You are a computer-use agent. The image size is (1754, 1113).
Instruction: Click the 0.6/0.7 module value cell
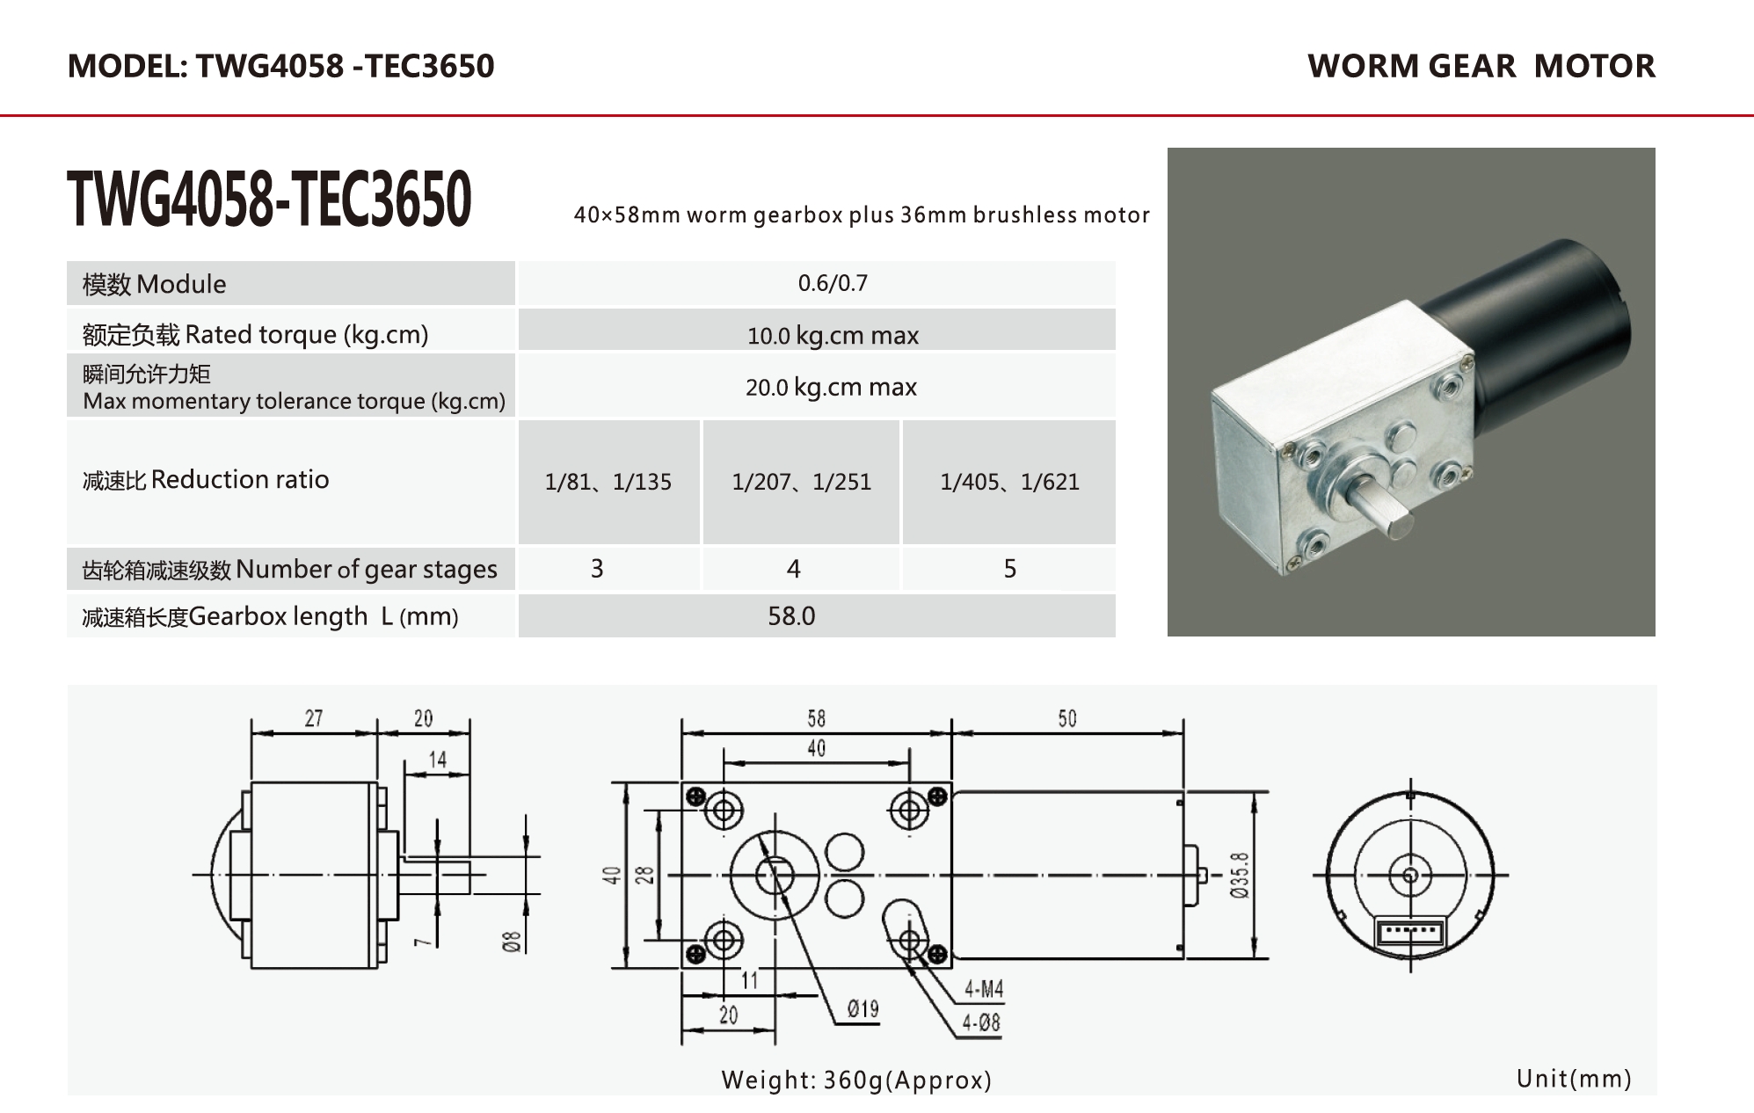coord(833,283)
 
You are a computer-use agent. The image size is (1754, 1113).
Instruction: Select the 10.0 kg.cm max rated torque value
coord(833,335)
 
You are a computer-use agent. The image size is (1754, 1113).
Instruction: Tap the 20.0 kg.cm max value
coord(831,387)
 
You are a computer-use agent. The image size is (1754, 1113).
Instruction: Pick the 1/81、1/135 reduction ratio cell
coord(608,482)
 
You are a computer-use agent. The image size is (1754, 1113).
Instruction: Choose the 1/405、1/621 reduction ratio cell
coord(1009,482)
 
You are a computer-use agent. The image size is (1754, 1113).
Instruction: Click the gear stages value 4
coord(793,569)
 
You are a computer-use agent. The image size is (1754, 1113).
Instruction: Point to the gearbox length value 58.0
coord(791,616)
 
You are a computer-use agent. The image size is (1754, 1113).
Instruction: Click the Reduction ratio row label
coord(206,480)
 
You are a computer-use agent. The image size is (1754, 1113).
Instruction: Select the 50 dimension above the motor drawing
coord(1066,718)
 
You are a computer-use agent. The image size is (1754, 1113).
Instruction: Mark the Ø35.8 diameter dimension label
coord(1239,875)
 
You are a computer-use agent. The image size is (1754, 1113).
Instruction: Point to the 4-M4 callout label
coord(983,990)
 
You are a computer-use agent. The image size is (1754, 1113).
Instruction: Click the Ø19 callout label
coord(862,1008)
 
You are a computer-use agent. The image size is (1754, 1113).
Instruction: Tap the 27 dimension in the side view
coord(314,718)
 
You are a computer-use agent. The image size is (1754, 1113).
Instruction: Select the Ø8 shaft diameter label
coord(512,942)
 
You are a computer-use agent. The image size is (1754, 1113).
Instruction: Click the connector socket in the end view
coord(1410,932)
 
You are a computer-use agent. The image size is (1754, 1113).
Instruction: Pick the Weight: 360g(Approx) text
coord(856,1080)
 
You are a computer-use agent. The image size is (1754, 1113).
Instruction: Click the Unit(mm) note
coord(1574,1079)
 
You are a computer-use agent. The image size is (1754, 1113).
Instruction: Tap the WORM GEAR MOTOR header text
coord(1481,66)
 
